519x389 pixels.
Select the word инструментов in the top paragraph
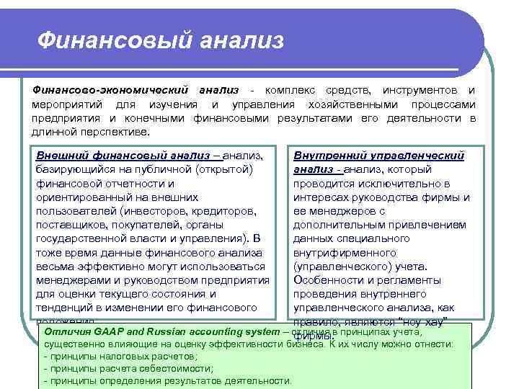click(420, 90)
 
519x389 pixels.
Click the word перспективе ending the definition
click(115, 133)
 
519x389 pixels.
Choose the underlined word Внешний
click(60, 156)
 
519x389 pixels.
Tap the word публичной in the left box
click(163, 169)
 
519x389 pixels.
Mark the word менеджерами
click(70, 280)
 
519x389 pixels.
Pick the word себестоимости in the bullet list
click(149, 368)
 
